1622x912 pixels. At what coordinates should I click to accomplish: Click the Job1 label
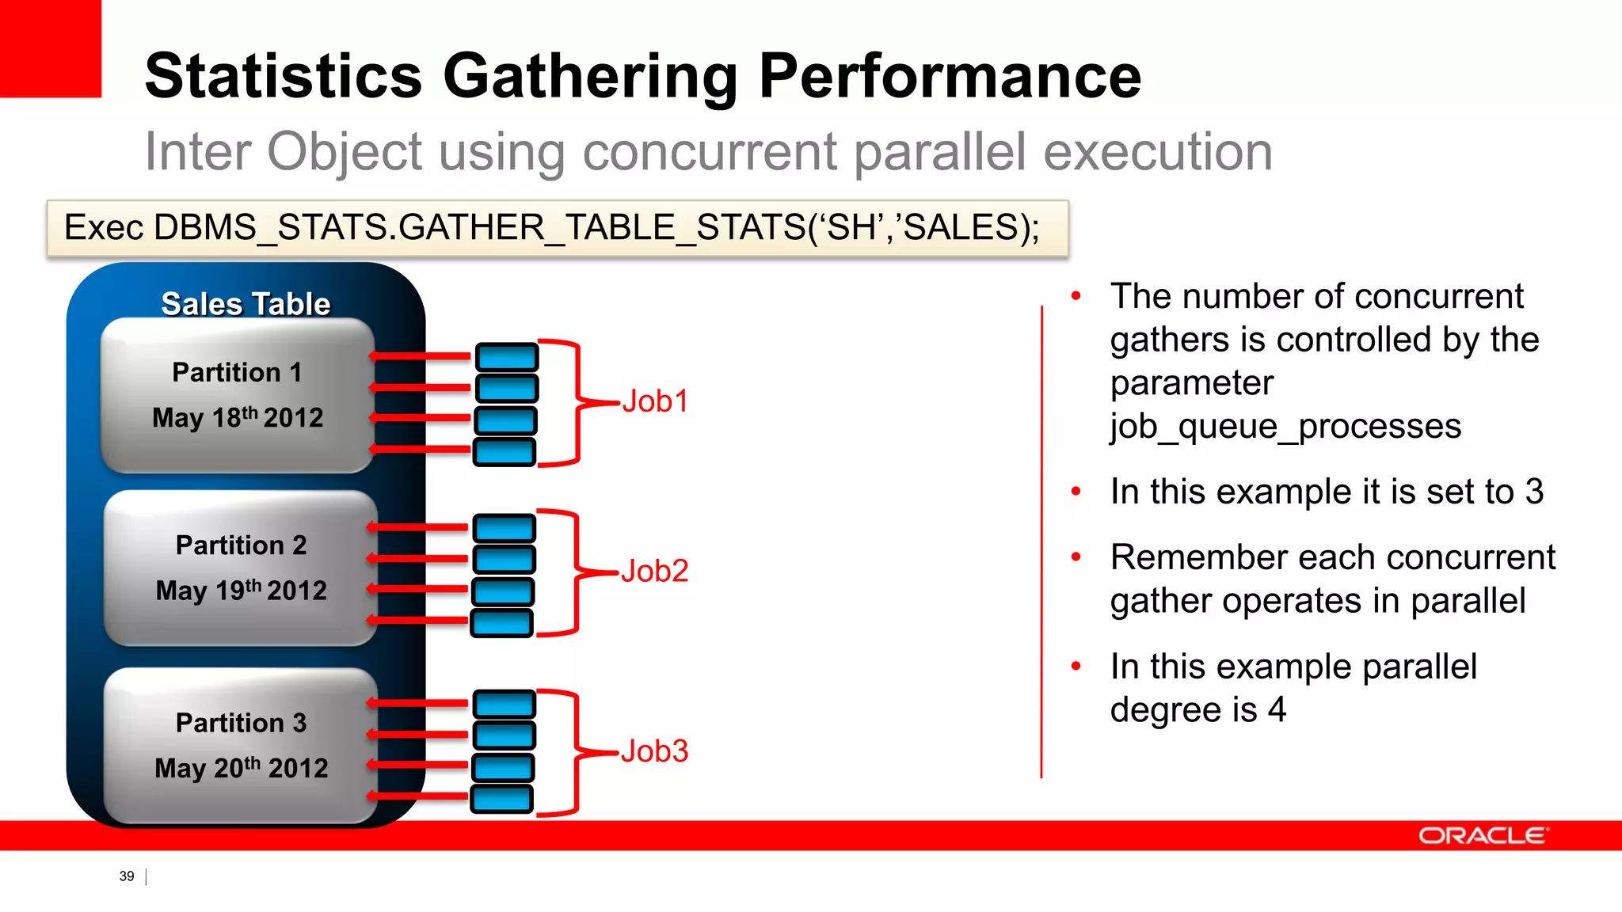[x=655, y=401]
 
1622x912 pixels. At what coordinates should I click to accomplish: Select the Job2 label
[x=654, y=571]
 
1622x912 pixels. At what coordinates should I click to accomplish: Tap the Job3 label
[x=654, y=751]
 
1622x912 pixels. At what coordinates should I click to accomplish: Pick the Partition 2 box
[x=240, y=568]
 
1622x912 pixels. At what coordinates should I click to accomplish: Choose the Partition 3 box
[x=240, y=745]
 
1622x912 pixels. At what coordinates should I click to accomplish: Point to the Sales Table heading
[x=246, y=304]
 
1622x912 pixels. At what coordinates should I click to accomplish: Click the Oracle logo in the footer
[x=1483, y=836]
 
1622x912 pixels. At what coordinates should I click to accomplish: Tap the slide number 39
[x=127, y=876]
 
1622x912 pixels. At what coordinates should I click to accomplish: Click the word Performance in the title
[x=950, y=76]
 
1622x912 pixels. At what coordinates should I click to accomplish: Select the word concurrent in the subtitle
[x=710, y=151]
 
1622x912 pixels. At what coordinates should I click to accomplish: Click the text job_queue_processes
[x=1285, y=427]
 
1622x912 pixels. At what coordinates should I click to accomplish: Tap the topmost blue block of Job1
[x=507, y=357]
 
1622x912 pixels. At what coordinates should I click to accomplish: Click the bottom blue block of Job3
[x=502, y=799]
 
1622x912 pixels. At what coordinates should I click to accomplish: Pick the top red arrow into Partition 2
[x=419, y=527]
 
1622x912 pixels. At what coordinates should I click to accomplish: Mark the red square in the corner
[x=50, y=47]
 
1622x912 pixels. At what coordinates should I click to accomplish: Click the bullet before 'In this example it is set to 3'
[x=1076, y=492]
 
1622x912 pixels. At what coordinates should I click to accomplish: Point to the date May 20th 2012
[x=241, y=768]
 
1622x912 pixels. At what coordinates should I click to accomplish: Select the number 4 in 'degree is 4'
[x=1276, y=709]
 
